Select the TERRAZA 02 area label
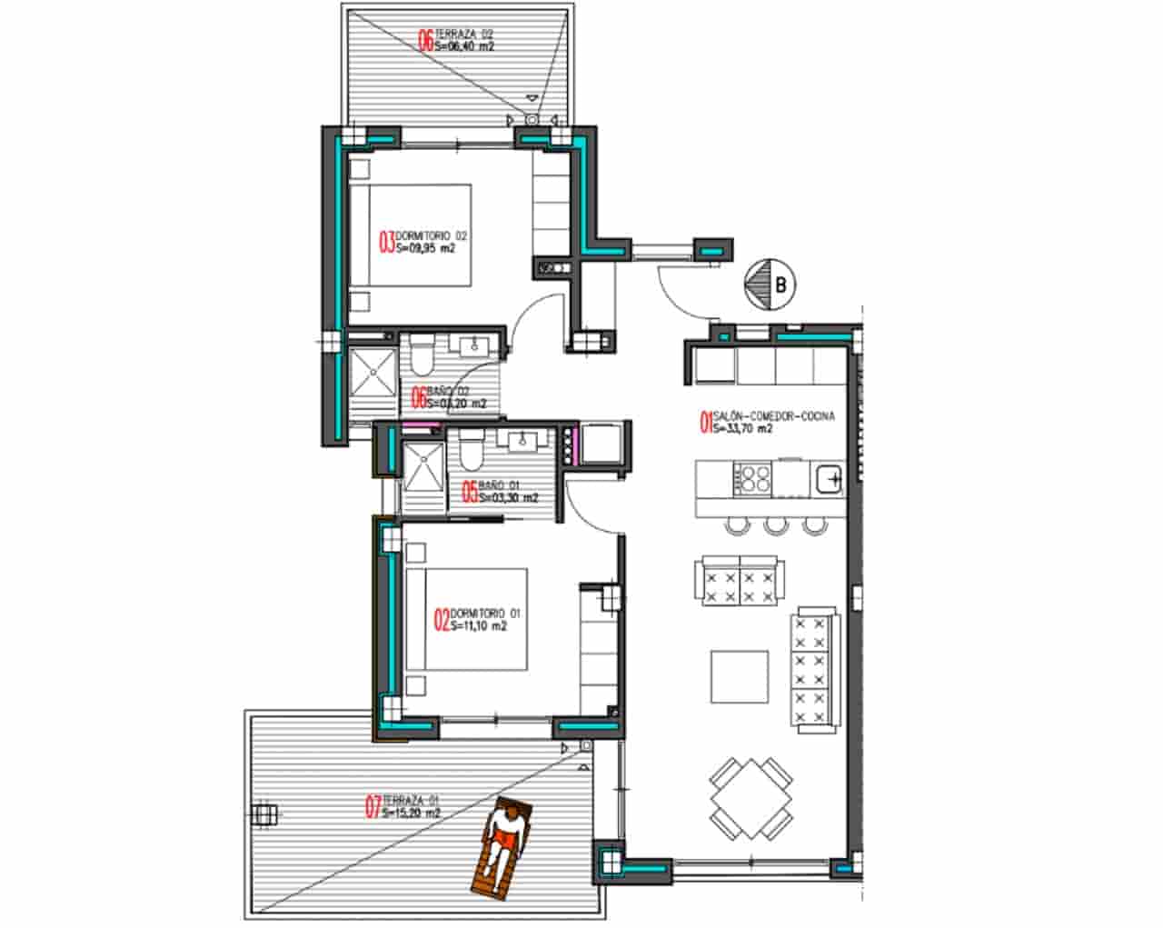455,40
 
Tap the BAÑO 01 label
500,492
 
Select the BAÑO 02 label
449,397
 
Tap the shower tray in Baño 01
422,478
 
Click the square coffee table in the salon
740,676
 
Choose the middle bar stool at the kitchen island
775,524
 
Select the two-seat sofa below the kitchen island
740,583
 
